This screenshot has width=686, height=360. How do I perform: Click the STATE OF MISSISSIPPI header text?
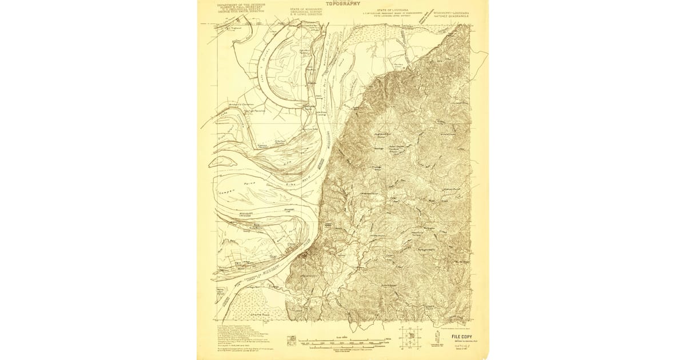point(306,10)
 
